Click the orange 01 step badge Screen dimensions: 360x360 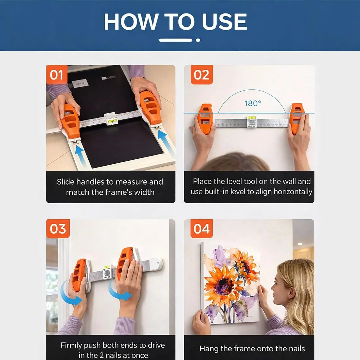tap(57, 75)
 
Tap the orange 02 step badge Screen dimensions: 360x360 tap(202, 75)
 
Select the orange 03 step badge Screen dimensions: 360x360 tap(58, 229)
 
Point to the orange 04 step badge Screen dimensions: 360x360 tap(202, 229)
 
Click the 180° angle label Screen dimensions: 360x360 tap(253, 103)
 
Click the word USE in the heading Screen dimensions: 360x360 tap(224, 22)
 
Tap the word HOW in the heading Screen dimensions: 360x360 tap(131, 22)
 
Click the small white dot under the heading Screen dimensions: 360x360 tap(198, 40)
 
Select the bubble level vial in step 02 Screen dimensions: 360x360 tap(251, 118)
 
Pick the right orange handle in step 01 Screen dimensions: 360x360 tap(150, 107)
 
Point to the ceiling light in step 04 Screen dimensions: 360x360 tap(299, 244)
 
